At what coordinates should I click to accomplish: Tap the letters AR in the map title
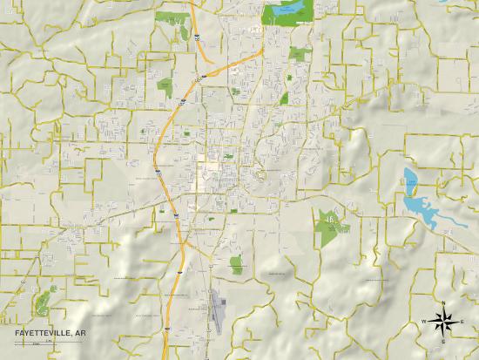click(90, 332)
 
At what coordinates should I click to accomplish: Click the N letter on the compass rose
click(444, 303)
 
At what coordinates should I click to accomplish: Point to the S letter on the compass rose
click(444, 341)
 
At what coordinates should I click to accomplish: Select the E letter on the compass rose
click(462, 322)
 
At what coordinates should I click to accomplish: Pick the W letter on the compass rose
click(425, 322)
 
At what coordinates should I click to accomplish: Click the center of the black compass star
click(444, 322)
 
